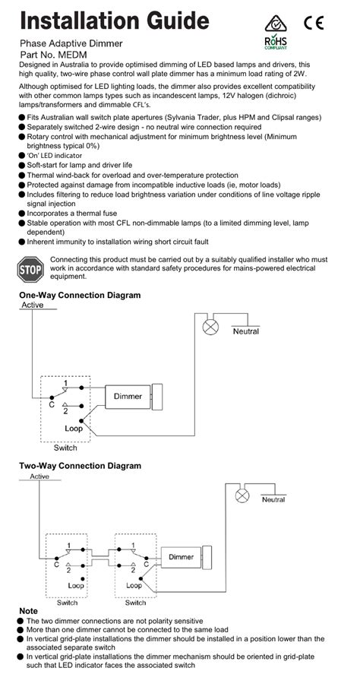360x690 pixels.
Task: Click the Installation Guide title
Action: (106, 19)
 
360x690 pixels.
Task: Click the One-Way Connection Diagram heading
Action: (80, 295)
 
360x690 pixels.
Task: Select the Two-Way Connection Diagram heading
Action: (80, 465)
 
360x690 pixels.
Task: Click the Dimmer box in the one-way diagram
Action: (128, 396)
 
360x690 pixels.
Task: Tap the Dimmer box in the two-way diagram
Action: (181, 557)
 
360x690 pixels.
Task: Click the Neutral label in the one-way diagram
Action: (245, 331)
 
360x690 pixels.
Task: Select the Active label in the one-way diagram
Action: (33, 305)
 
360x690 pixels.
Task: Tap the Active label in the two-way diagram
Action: (39, 476)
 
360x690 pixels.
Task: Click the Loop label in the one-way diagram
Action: (74, 429)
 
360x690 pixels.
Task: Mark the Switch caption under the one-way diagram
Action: (65, 448)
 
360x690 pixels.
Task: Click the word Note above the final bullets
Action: (28, 611)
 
